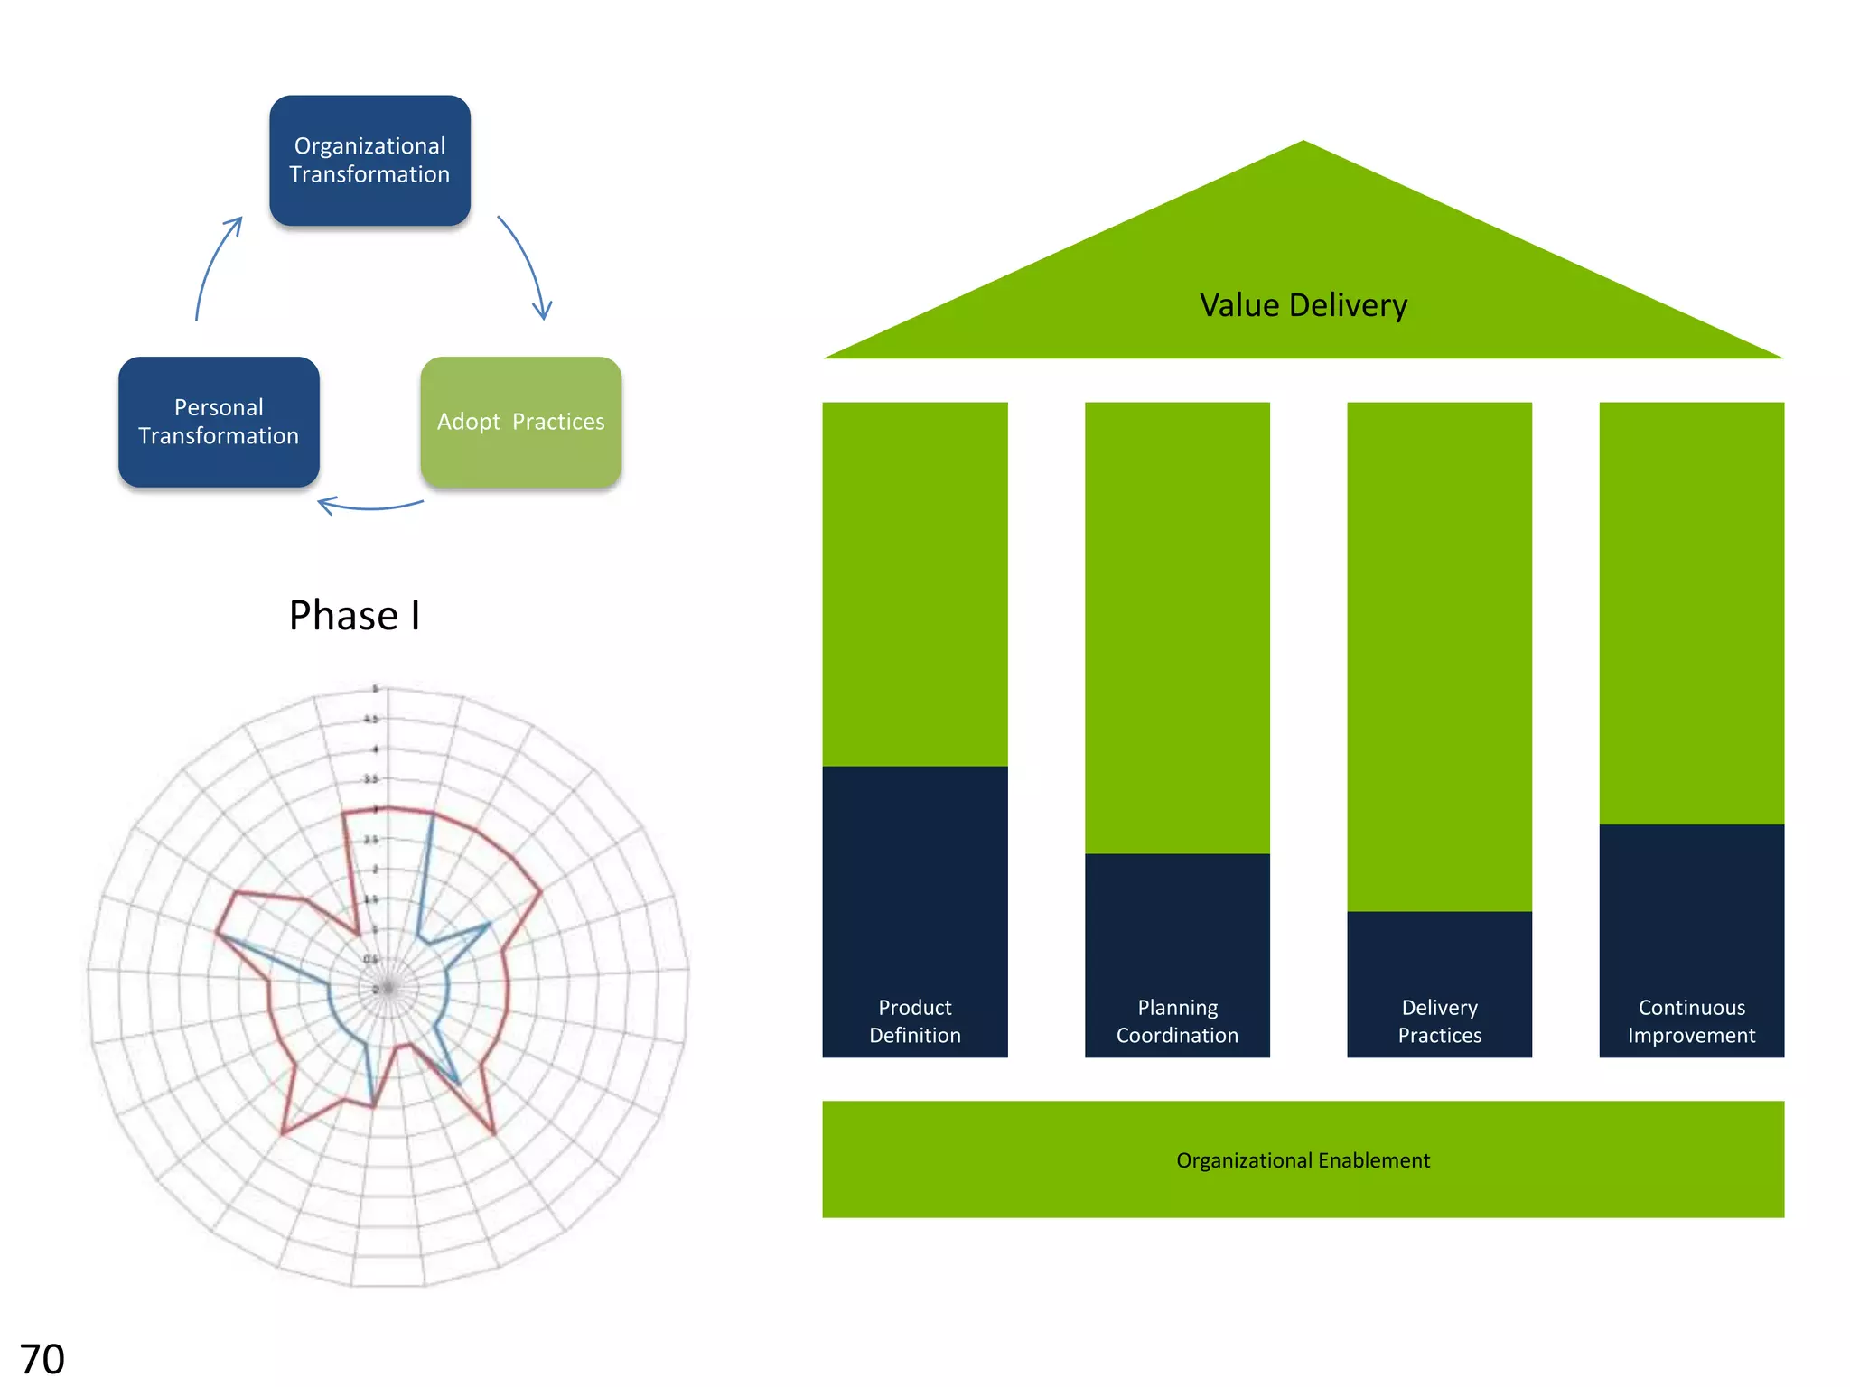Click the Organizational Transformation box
pyautogui.click(x=369, y=161)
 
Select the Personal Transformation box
pyautogui.click(x=219, y=422)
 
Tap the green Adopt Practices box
pyautogui.click(x=521, y=422)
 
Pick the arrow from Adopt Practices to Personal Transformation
pyautogui.click(x=370, y=506)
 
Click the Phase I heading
pyautogui.click(x=354, y=616)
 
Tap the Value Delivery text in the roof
pyautogui.click(x=1303, y=305)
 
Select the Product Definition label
pyautogui.click(x=915, y=1021)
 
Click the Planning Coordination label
pyautogui.click(x=1177, y=1021)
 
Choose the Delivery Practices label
pyautogui.click(x=1439, y=1021)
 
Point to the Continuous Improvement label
pyautogui.click(x=1691, y=1021)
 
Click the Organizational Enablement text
pyautogui.click(x=1303, y=1160)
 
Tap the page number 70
pyautogui.click(x=42, y=1359)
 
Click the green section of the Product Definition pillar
pyautogui.click(x=915, y=583)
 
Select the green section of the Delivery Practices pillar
pyautogui.click(x=1439, y=656)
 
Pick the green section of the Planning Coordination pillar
pyautogui.click(x=1177, y=628)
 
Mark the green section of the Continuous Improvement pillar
pyautogui.click(x=1691, y=613)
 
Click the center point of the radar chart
pyautogui.click(x=388, y=989)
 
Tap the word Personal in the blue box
pyautogui.click(x=219, y=407)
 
